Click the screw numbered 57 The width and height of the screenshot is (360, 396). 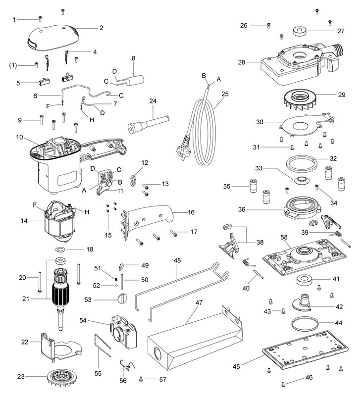tap(141, 379)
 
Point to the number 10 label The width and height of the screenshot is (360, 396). tap(19, 137)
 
